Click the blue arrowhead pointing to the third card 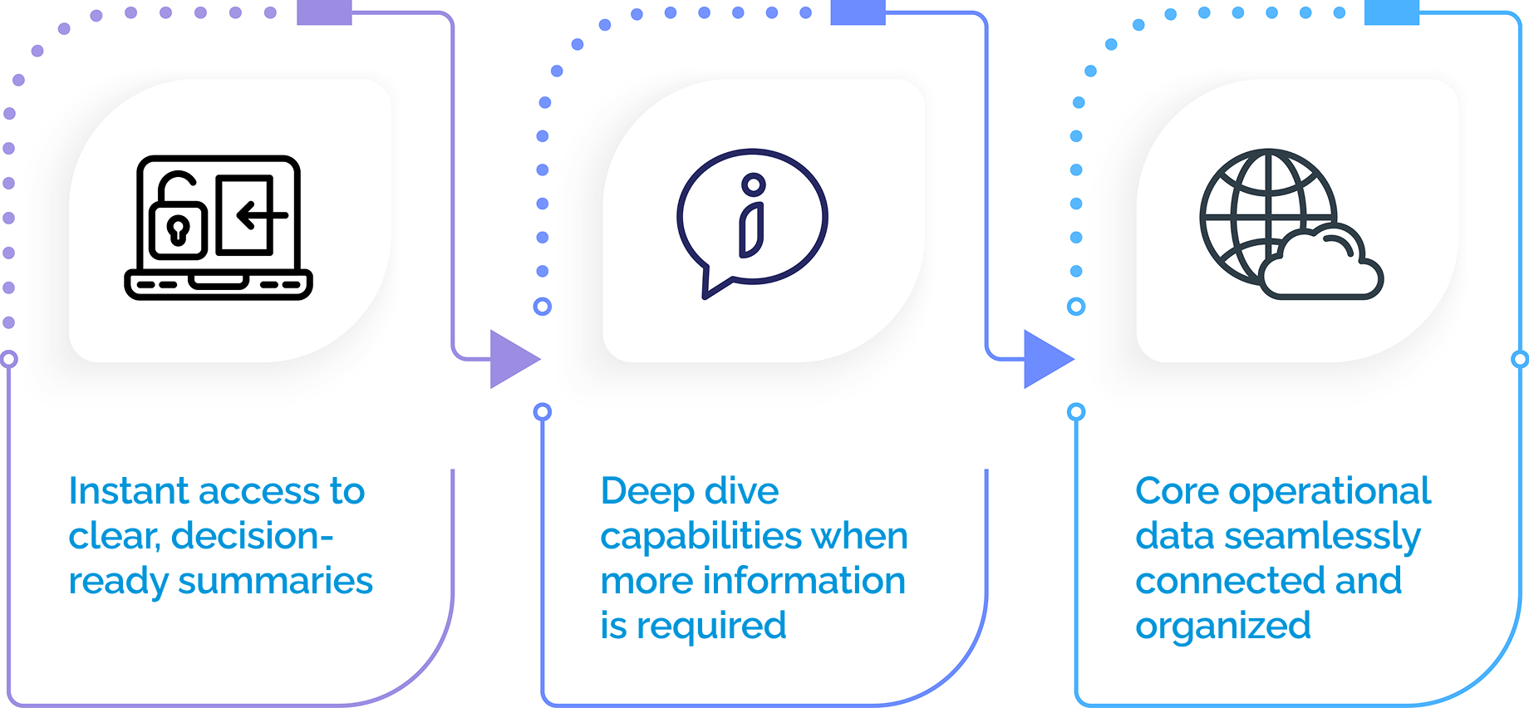point(1046,359)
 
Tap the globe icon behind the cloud point(1255,208)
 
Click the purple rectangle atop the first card point(324,12)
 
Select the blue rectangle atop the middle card point(858,12)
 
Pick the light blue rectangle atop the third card point(1391,12)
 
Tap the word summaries point(275,582)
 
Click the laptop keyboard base point(218,285)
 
